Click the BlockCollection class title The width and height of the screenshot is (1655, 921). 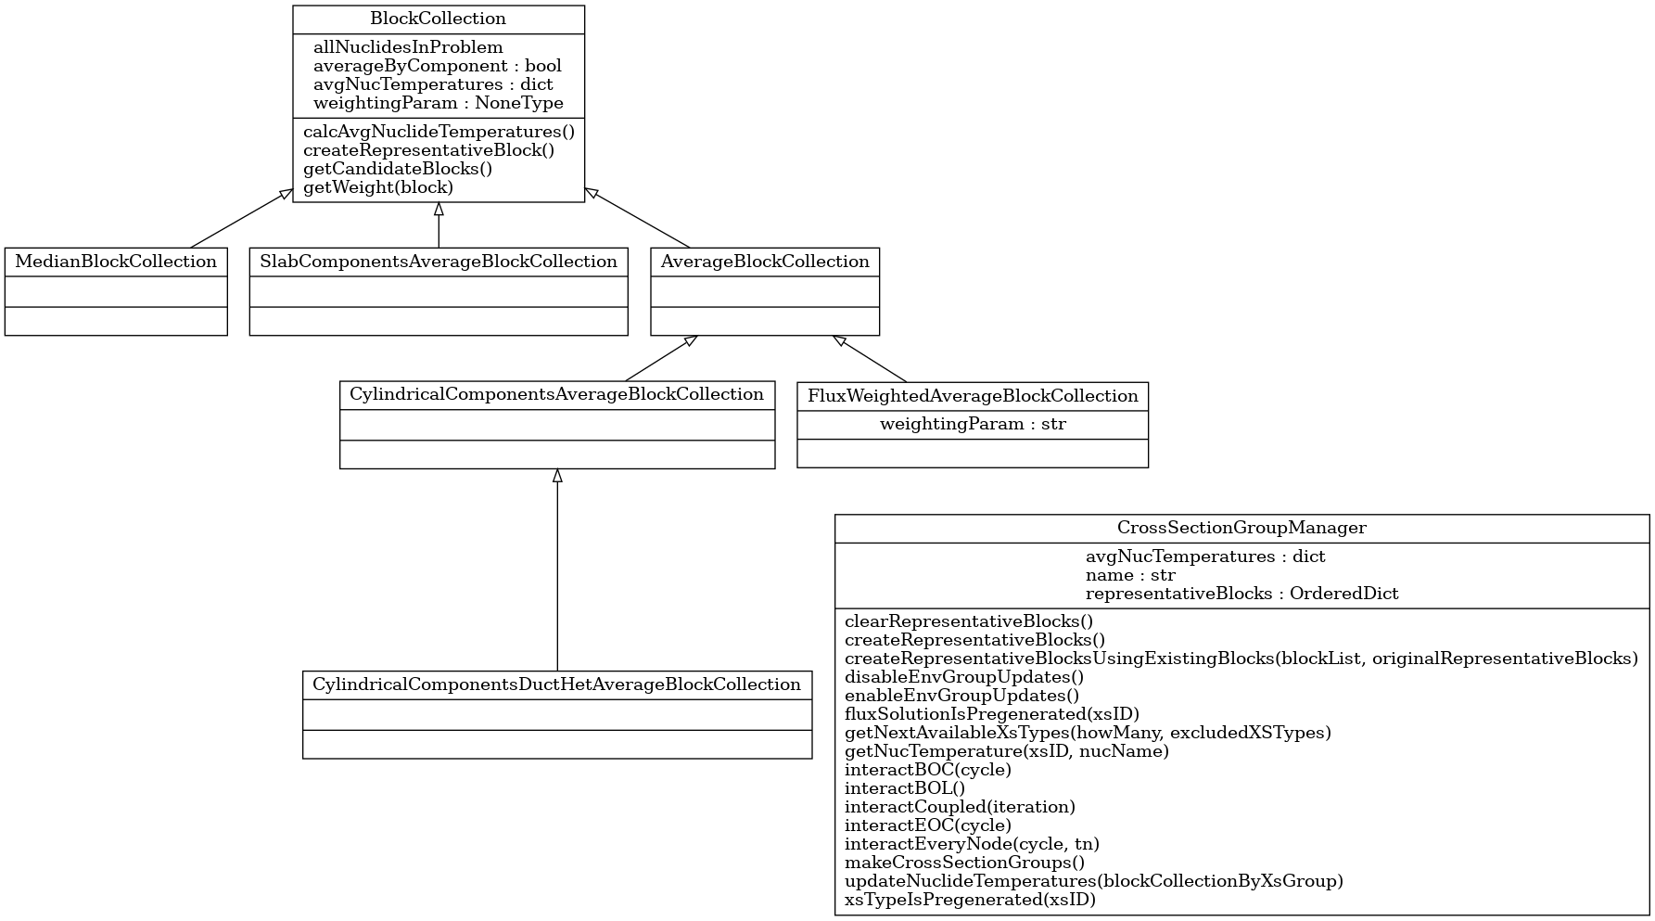[x=438, y=19]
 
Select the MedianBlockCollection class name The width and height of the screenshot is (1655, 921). [x=116, y=262]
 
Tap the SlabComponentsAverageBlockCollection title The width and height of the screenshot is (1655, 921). [x=439, y=262]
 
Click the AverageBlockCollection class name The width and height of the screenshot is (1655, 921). [x=765, y=262]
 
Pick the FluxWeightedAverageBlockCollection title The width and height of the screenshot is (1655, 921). [x=973, y=397]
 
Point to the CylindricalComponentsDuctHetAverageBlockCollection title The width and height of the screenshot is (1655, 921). [x=556, y=685]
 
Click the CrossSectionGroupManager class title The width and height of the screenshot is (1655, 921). [x=1241, y=529]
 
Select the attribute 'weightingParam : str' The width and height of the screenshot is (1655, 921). [x=973, y=425]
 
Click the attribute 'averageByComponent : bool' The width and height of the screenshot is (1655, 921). [x=438, y=66]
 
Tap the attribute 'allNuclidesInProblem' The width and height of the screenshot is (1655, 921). [x=408, y=47]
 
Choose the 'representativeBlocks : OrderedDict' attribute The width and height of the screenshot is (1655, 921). [x=1241, y=594]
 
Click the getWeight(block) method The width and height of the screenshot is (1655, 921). [x=378, y=187]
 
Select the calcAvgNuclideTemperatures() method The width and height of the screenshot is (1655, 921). [x=439, y=132]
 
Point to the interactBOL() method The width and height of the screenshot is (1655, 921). [x=905, y=788]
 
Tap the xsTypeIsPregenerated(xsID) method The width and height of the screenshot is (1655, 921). [x=970, y=900]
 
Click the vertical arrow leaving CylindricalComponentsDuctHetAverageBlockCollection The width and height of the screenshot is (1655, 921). [x=557, y=570]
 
